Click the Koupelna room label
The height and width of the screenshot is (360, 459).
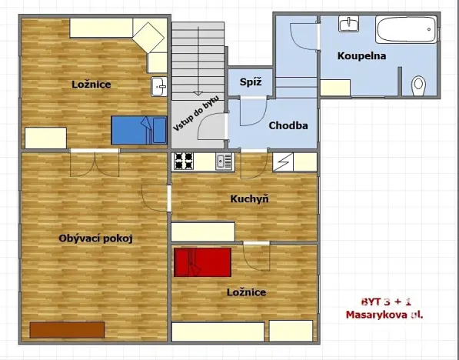click(361, 55)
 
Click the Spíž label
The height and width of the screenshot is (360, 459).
click(249, 82)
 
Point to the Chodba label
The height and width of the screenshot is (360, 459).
click(288, 126)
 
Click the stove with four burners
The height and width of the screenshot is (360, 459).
click(183, 162)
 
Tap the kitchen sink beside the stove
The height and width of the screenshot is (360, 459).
click(224, 162)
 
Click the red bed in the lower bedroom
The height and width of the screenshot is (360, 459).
click(202, 262)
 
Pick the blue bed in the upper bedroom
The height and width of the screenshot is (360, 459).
click(138, 129)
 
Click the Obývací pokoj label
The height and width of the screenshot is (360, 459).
click(96, 238)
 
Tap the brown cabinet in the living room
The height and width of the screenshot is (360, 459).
click(67, 329)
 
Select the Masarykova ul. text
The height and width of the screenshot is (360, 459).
click(384, 315)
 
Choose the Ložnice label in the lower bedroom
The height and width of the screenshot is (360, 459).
click(246, 292)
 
